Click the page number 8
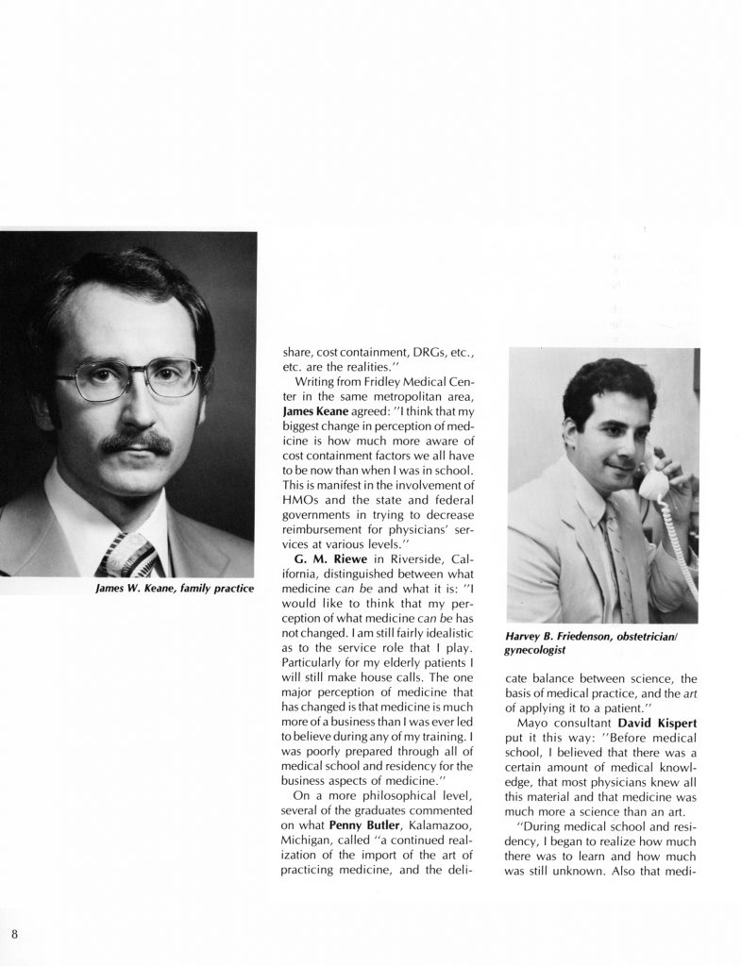coord(16,934)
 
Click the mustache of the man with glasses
coord(135,442)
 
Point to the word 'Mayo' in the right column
coord(541,722)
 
